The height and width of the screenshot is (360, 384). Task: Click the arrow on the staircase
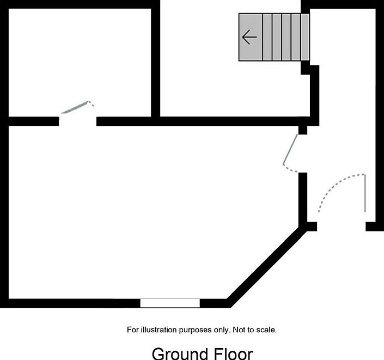click(x=249, y=38)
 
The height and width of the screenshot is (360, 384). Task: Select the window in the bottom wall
click(x=170, y=303)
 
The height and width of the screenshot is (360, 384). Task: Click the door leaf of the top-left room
click(x=75, y=107)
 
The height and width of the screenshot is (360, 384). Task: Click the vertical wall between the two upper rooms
click(x=156, y=60)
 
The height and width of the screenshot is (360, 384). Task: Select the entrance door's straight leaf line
click(x=365, y=193)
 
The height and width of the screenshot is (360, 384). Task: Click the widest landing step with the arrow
click(x=251, y=37)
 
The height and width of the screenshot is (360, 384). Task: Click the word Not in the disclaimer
click(x=239, y=330)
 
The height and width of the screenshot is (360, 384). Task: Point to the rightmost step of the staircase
click(x=304, y=37)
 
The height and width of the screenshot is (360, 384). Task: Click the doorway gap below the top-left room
click(x=78, y=121)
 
